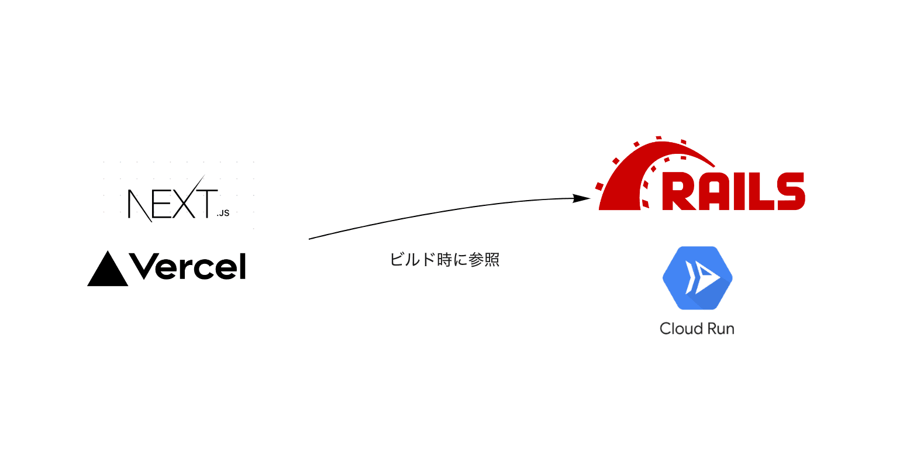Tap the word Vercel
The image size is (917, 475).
tap(188, 267)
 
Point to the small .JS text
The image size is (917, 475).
tap(223, 213)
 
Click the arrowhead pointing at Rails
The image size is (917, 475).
tap(581, 199)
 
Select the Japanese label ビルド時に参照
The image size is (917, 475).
tap(444, 260)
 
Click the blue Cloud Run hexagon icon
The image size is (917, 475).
tap(697, 278)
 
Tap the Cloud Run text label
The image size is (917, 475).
tap(697, 329)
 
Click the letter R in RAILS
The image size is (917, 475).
tap(681, 192)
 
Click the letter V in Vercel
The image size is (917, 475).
tap(144, 267)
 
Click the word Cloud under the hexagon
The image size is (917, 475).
tap(680, 329)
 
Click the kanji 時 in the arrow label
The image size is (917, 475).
tap(444, 260)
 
